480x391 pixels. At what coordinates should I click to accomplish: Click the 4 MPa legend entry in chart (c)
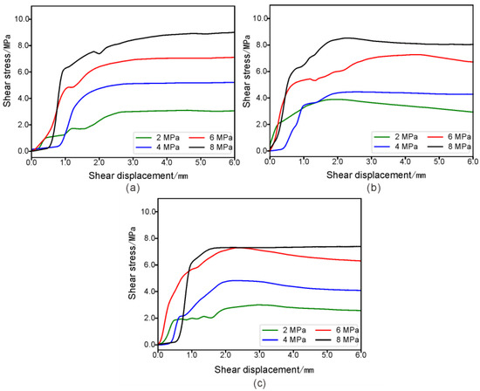284,338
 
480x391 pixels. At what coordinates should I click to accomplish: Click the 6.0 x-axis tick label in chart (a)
235,161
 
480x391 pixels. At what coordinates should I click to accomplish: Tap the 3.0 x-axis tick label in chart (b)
371,161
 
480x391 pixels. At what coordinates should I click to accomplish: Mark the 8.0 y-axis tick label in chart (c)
145,238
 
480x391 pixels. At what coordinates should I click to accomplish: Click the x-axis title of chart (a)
133,173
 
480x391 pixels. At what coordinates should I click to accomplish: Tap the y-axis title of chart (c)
133,277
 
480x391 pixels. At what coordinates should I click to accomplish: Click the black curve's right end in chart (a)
234,32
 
